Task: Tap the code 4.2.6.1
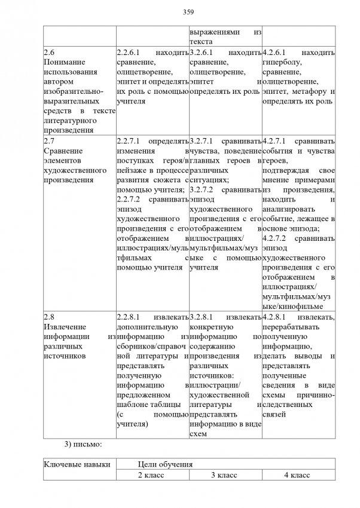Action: (x=276, y=52)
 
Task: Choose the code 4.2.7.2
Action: (x=276, y=238)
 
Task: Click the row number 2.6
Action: (x=49, y=52)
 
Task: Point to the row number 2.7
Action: (x=49, y=141)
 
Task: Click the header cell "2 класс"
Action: (x=151, y=475)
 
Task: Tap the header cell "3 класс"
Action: (x=225, y=475)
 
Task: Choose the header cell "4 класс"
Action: (x=297, y=475)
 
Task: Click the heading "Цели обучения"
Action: (x=164, y=464)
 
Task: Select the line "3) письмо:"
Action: (x=83, y=444)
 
